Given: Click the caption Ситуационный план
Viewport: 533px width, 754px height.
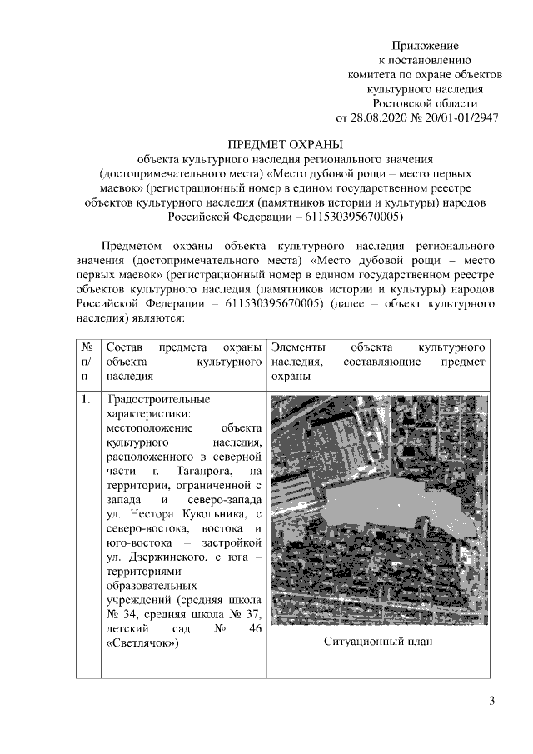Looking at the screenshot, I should click(378, 642).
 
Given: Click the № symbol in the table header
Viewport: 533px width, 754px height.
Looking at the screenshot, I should click(87, 346).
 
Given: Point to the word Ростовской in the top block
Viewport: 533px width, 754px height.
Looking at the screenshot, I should click(425, 102).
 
